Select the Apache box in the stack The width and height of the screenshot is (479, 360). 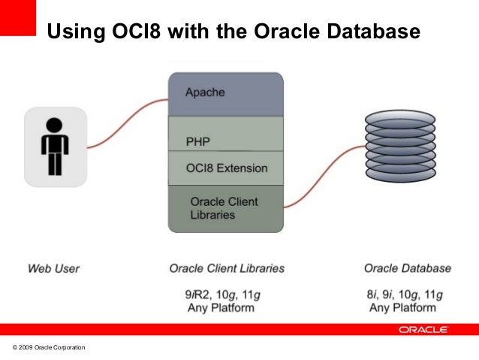(225, 94)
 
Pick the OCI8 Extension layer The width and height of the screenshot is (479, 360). (225, 168)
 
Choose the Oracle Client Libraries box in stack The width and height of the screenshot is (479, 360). (225, 208)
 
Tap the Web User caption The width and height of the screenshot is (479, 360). (53, 268)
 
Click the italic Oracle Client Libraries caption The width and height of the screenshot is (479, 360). (227, 268)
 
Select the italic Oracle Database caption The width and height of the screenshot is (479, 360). (407, 268)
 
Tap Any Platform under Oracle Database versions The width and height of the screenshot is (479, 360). (402, 307)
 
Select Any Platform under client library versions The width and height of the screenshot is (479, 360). (221, 307)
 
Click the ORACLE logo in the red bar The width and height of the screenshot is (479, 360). (423, 329)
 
